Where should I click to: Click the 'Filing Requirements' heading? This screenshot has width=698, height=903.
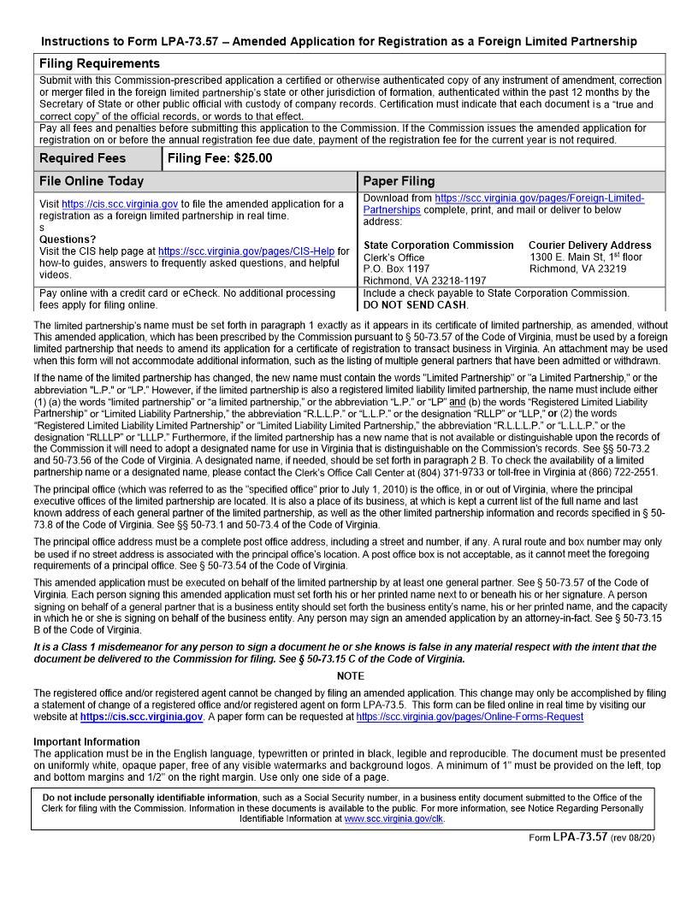(99, 63)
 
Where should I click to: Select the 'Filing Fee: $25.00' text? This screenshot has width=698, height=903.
(220, 158)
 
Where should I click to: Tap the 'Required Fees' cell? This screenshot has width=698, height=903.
(82, 158)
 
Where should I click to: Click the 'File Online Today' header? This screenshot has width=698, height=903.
(92, 181)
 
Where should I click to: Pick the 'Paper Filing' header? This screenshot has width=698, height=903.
(399, 181)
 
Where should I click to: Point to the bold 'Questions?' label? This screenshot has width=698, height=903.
(68, 239)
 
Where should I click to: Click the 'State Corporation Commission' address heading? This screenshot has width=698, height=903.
(439, 245)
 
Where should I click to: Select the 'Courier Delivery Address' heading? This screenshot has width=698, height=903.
(589, 245)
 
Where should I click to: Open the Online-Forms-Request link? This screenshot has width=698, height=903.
(470, 717)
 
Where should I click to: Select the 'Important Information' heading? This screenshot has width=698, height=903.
(86, 741)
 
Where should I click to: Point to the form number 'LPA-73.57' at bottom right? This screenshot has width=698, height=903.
(580, 837)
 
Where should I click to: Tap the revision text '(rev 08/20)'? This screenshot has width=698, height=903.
(633, 838)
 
